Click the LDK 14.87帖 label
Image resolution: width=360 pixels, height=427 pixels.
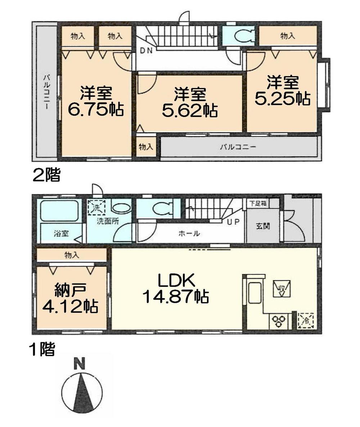coord(175,288)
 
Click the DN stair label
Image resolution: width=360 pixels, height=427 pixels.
coord(146,51)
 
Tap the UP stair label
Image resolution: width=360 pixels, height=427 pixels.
coord(233,222)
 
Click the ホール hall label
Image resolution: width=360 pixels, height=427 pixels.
coord(189,233)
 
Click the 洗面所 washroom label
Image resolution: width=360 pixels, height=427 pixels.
coord(107,222)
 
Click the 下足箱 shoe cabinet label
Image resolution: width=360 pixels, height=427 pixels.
coord(258,203)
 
